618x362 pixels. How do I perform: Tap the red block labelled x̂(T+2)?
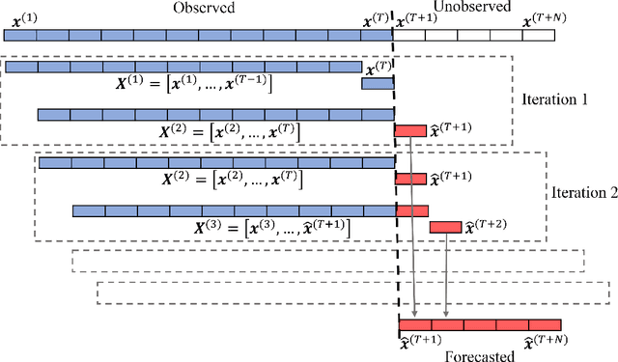(x=445, y=227)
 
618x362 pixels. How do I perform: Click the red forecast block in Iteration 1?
(x=409, y=130)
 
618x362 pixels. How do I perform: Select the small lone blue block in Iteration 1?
(x=378, y=84)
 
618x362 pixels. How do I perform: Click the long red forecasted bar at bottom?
(x=479, y=324)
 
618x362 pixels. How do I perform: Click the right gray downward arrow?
(x=445, y=275)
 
